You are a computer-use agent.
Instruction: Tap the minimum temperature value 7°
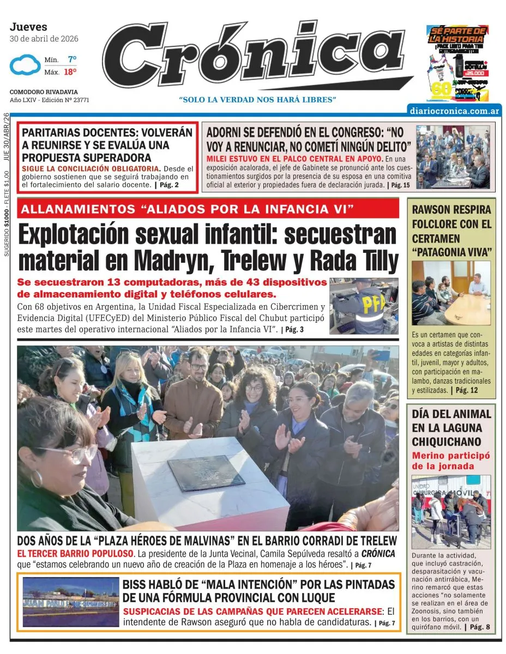coord(72,59)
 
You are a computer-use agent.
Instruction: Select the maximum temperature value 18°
coord(70,71)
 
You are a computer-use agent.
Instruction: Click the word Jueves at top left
coord(28,27)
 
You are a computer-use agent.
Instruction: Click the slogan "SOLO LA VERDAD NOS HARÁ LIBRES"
coord(257,99)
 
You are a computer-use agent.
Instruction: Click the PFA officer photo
coord(364,306)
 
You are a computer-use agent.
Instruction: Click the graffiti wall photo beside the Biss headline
coord(70,602)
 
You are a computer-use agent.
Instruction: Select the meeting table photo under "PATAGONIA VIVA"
coord(451,293)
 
